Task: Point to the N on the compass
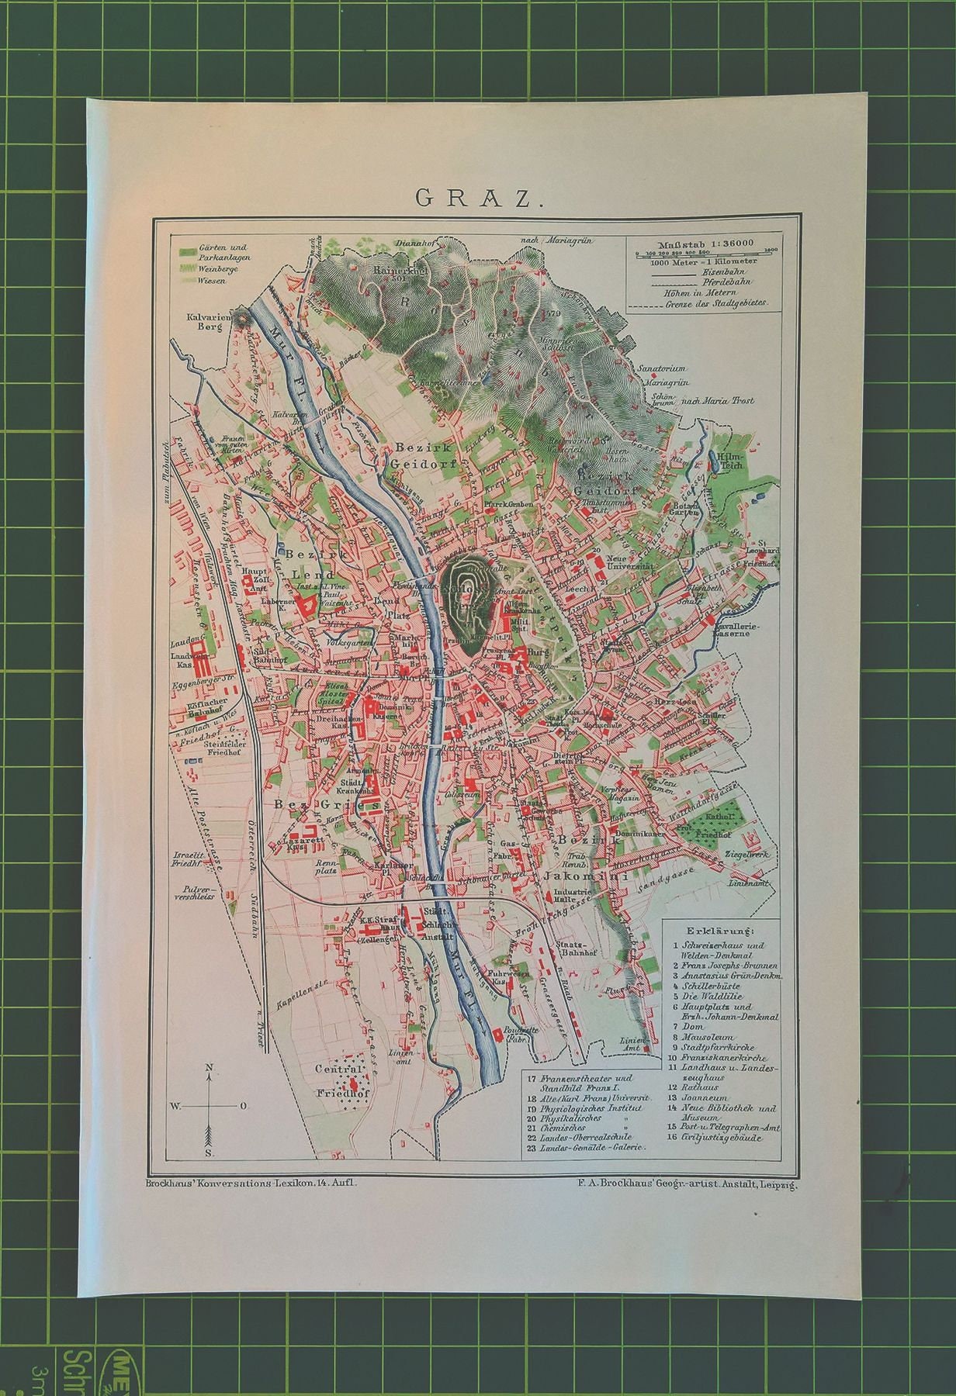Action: click(210, 1069)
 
